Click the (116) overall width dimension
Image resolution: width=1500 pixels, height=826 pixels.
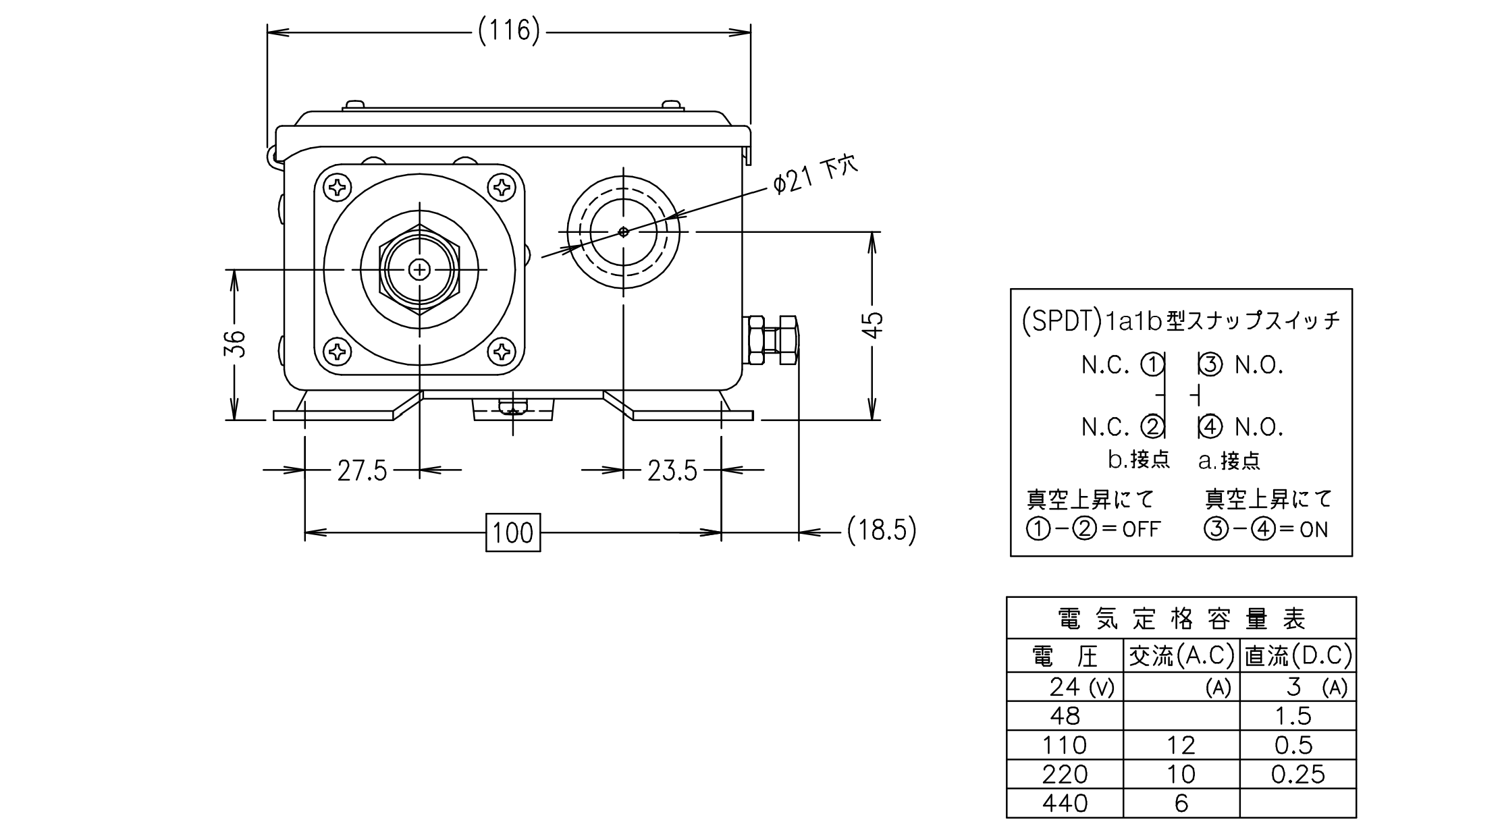coord(509,31)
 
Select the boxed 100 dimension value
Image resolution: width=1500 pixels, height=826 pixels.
coord(513,532)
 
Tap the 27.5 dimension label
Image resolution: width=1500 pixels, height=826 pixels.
coord(363,470)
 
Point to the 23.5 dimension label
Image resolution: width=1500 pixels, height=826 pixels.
coord(672,470)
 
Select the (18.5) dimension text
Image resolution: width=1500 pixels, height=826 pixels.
coord(882,530)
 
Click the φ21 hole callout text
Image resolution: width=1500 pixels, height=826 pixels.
coord(815,175)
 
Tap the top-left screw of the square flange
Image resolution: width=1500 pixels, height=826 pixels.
coord(338,187)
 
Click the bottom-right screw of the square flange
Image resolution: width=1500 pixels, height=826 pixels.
coord(502,351)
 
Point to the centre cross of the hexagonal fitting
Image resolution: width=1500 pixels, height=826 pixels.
coord(420,270)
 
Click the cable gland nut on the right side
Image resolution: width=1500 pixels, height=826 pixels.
coord(773,341)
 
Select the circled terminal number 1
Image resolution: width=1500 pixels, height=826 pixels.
coord(1152,365)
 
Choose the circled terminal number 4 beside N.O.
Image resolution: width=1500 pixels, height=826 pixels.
coord(1209,426)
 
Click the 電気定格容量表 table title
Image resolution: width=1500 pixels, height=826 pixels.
coord(1181,618)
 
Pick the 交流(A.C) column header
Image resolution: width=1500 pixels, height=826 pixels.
coord(1181,655)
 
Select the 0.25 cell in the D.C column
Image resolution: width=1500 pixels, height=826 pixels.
coord(1297,774)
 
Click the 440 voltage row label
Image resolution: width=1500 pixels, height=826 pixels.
coord(1065,803)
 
